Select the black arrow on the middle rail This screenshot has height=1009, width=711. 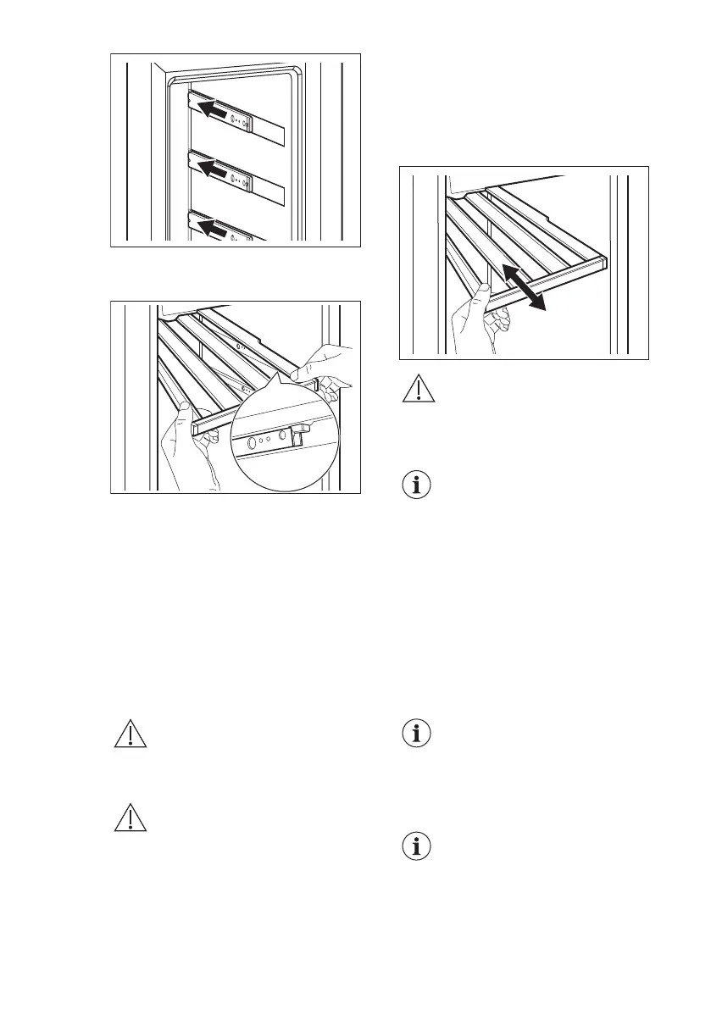tap(213, 171)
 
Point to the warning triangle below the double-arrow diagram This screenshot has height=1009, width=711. tap(416, 391)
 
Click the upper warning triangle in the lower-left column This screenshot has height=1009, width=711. tap(131, 733)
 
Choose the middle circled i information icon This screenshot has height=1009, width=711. tap(416, 734)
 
